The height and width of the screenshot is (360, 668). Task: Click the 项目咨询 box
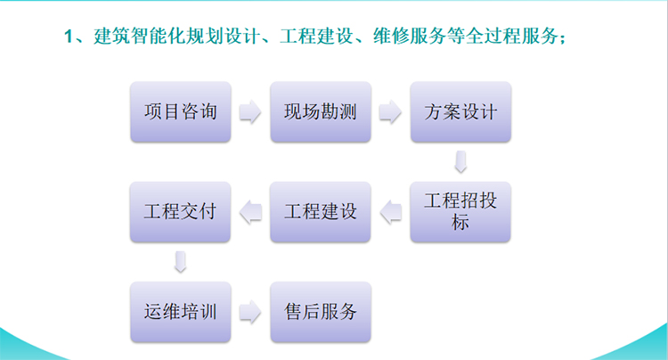pos(181,111)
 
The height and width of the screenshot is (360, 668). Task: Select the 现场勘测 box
pos(321,111)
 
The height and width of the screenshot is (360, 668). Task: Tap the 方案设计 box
pos(460,111)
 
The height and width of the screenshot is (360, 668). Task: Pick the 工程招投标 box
pos(460,212)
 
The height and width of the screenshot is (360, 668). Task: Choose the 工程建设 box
pos(321,212)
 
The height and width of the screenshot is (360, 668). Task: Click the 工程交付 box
pos(181,212)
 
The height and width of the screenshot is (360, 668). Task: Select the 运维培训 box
pos(181,311)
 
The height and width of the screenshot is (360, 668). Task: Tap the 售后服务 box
pos(321,311)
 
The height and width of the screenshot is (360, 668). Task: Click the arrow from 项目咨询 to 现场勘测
pos(250,111)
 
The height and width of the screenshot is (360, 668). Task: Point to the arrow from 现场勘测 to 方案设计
pos(390,111)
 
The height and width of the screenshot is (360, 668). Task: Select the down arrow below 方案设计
pos(460,161)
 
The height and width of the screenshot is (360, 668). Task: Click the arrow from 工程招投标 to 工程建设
pos(391,212)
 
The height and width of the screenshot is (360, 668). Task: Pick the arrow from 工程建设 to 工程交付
pos(250,212)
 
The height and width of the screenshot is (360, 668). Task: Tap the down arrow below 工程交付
pos(181,262)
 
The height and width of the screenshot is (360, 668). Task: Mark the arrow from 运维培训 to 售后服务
pos(250,311)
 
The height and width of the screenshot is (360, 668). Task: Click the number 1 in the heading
pos(69,37)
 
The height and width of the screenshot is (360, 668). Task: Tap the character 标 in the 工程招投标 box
pos(460,222)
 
